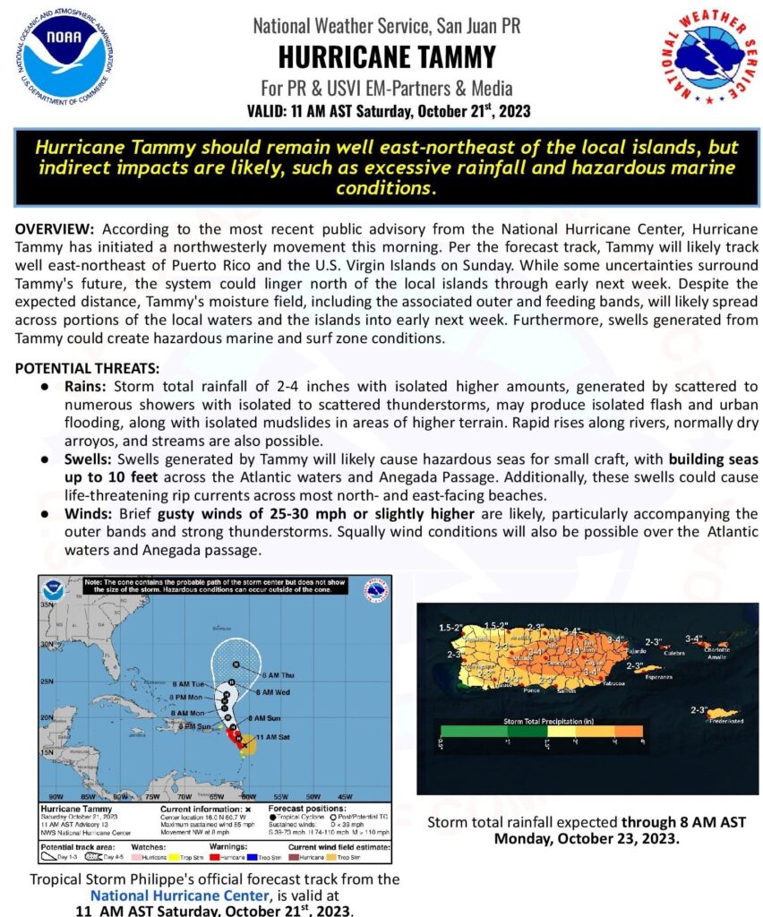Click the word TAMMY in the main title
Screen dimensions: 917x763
pyautogui.click(x=449, y=57)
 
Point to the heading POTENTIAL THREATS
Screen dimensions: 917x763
pyautogui.click(x=87, y=368)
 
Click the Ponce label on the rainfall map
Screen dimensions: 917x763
pyautogui.click(x=533, y=690)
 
